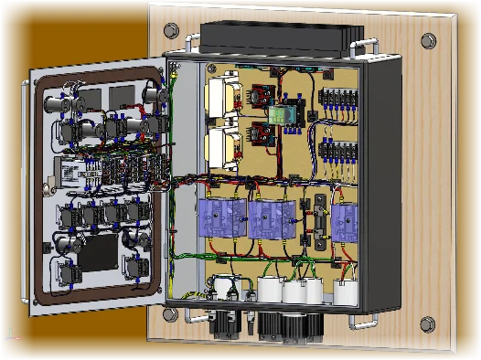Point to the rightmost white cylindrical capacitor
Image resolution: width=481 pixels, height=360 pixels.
coord(346,291)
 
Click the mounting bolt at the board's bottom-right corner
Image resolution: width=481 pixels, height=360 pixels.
coord(426,323)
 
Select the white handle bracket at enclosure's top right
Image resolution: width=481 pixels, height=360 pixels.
coord(369,46)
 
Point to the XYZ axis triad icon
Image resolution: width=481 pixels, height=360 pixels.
coord(8,335)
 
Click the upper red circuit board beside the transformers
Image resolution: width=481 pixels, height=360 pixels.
coord(259,95)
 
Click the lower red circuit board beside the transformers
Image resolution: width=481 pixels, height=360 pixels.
coord(260,137)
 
